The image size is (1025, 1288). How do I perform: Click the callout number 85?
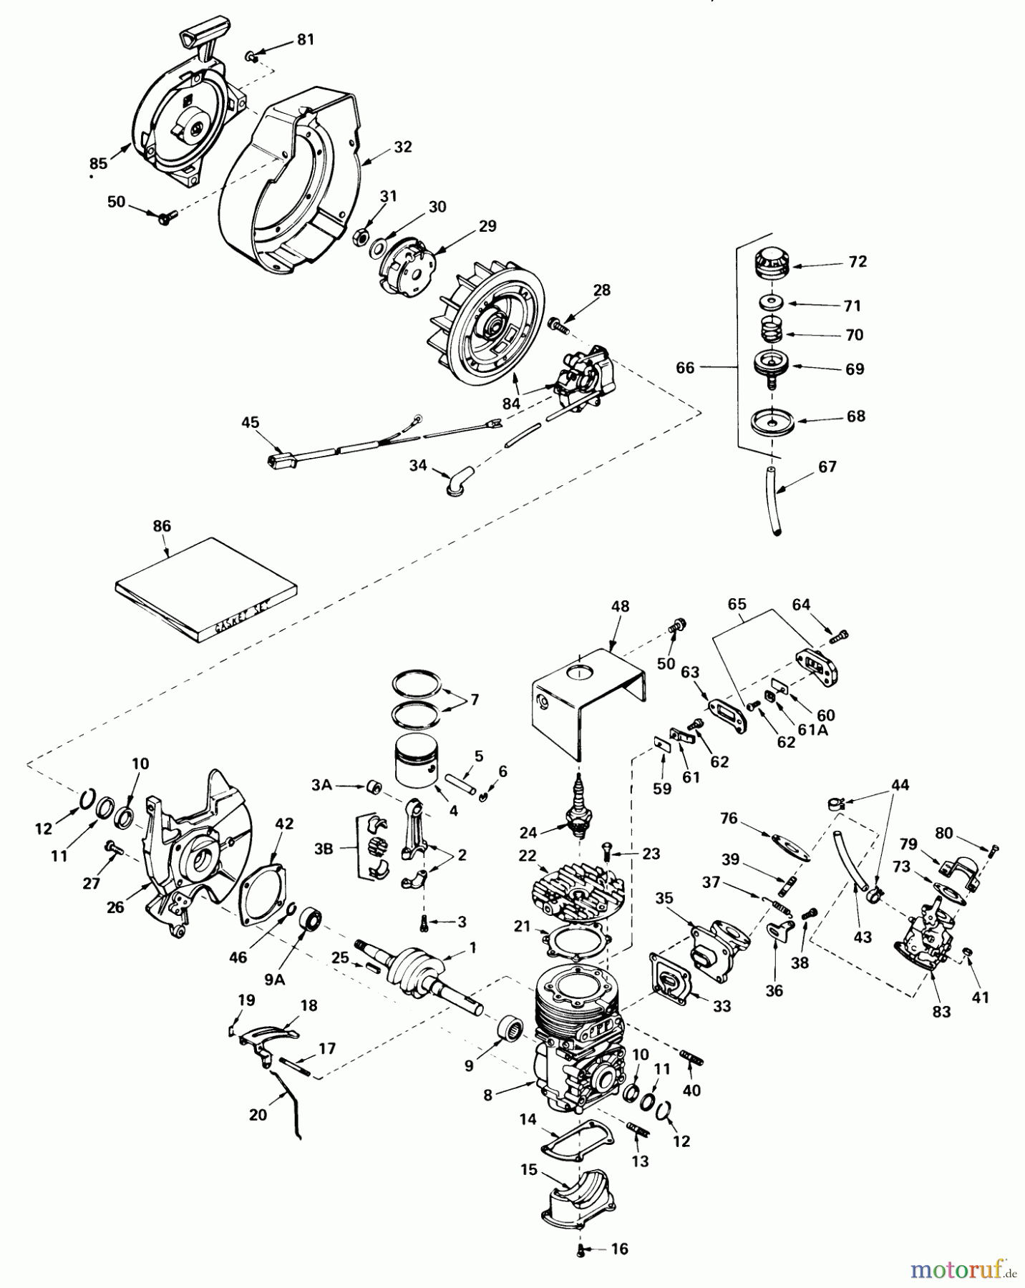tap(98, 163)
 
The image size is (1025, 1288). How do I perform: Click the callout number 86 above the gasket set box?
tap(162, 526)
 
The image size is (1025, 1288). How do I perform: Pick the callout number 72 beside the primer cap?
tap(858, 262)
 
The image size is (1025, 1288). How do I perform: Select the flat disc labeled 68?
tap(772, 421)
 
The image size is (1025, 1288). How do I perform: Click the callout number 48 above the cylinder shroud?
tap(621, 606)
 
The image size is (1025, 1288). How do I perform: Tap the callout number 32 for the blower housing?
tap(403, 147)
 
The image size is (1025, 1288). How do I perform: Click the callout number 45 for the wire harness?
tap(250, 422)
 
